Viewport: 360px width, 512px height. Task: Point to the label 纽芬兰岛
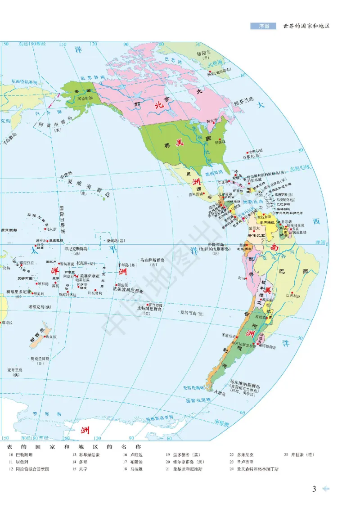click(244, 103)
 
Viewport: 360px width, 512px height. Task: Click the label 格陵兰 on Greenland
click(207, 53)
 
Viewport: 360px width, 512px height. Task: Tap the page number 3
click(315, 489)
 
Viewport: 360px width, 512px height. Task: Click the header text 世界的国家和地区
click(306, 26)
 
